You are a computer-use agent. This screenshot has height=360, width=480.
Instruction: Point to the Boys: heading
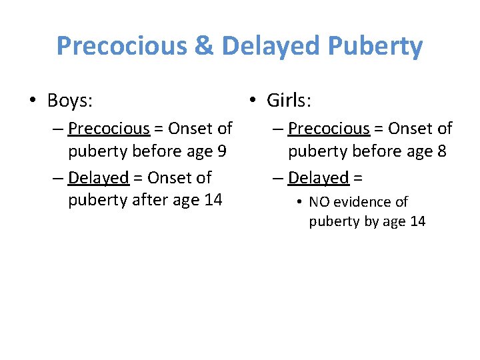[x=70, y=101]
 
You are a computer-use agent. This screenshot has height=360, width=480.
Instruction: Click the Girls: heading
[x=289, y=101]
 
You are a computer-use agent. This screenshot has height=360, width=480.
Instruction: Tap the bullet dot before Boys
[x=33, y=101]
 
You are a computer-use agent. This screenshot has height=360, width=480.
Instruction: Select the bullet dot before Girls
[x=253, y=101]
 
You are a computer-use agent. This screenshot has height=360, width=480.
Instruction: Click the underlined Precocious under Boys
[x=109, y=128]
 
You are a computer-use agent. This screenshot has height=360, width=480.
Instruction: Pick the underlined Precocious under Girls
[x=329, y=128]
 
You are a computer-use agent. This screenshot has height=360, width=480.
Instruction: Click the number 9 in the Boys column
[x=221, y=151]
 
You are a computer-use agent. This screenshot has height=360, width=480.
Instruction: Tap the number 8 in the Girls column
[x=441, y=151]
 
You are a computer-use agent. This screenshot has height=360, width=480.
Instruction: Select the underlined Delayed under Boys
[x=98, y=178]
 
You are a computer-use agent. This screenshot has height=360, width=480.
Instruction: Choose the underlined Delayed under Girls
[x=318, y=178]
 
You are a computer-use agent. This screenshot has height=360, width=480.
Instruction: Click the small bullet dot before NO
[x=300, y=202]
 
